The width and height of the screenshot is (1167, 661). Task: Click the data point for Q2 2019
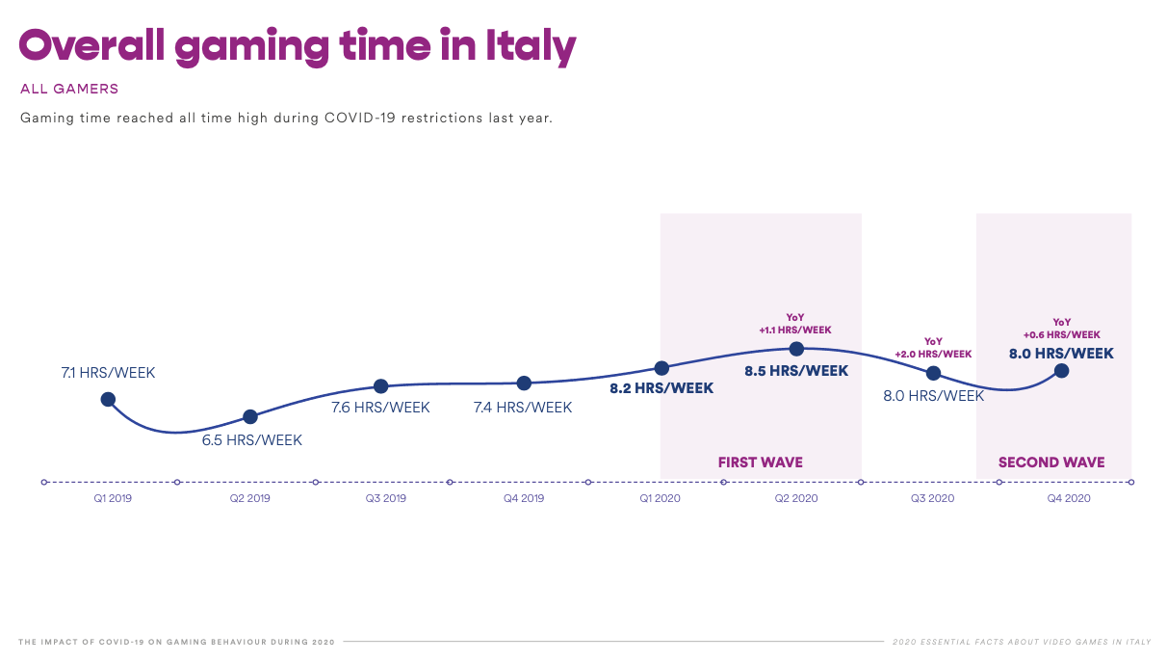(250, 416)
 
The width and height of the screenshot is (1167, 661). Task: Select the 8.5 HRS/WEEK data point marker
(796, 349)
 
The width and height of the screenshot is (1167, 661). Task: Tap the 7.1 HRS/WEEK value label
(108, 373)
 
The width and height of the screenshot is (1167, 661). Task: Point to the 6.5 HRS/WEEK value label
(251, 440)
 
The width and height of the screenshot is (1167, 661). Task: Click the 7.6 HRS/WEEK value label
(381, 408)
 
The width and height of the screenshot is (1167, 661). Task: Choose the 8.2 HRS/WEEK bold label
(661, 388)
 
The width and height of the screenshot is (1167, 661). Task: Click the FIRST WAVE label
(760, 463)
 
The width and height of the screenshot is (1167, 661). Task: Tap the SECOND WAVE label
(1051, 463)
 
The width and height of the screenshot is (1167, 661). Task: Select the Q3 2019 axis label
(385, 498)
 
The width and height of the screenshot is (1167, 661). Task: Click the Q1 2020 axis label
(661, 498)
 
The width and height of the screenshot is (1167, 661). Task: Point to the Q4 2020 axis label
(1069, 498)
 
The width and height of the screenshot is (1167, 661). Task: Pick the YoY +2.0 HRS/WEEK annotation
(933, 348)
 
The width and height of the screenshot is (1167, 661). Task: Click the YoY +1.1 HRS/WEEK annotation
(795, 324)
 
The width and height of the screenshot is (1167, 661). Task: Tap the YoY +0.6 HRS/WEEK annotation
(1062, 329)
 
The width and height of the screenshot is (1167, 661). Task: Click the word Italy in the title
(531, 46)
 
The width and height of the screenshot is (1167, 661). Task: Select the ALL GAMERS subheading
(69, 90)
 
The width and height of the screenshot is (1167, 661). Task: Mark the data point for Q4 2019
(524, 383)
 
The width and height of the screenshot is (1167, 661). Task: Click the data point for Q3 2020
(934, 373)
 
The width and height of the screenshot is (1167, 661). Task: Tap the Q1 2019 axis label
(113, 498)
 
